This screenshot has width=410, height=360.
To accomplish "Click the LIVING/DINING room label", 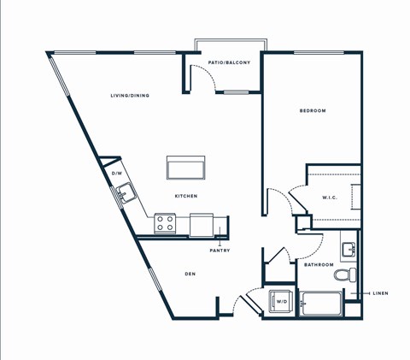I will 130,96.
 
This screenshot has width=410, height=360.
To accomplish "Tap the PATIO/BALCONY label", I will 228,62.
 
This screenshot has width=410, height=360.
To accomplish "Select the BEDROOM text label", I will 312,111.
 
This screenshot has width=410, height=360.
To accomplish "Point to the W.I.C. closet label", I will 331,198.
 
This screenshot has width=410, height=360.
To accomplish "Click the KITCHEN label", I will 186,196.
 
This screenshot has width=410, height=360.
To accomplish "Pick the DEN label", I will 190,274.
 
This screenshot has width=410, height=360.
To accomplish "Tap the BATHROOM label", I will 319,265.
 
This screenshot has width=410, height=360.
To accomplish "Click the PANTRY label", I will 220,251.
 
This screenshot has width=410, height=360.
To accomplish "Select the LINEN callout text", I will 380,293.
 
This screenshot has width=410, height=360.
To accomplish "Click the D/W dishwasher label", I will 117,174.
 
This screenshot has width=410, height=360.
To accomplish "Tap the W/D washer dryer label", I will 280,301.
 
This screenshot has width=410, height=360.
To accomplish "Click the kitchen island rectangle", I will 186,168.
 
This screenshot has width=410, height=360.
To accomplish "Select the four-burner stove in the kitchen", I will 166,224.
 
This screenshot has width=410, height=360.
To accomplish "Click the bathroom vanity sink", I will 348,250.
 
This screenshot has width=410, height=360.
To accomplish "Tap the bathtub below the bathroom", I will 319,305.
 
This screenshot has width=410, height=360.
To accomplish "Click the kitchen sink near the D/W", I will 126,193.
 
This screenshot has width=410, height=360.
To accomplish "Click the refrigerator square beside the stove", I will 202,224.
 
